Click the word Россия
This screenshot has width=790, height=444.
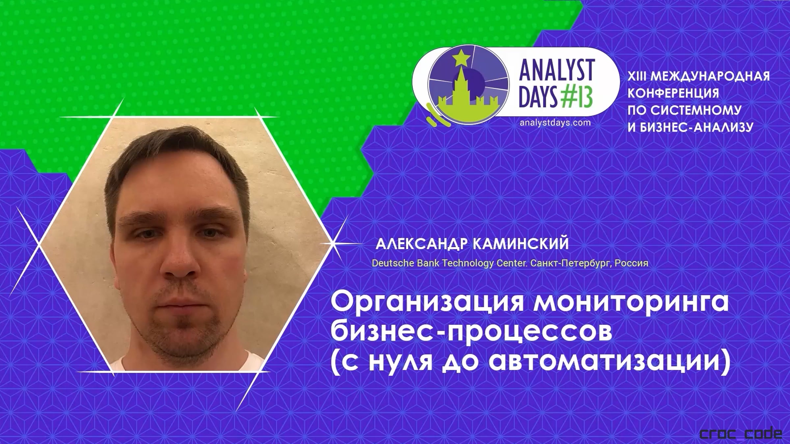(x=632, y=263)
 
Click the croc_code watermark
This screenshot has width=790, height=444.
(x=741, y=433)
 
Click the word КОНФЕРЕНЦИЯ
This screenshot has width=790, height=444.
(x=673, y=93)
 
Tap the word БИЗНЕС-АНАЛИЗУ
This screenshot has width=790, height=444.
(x=697, y=127)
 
